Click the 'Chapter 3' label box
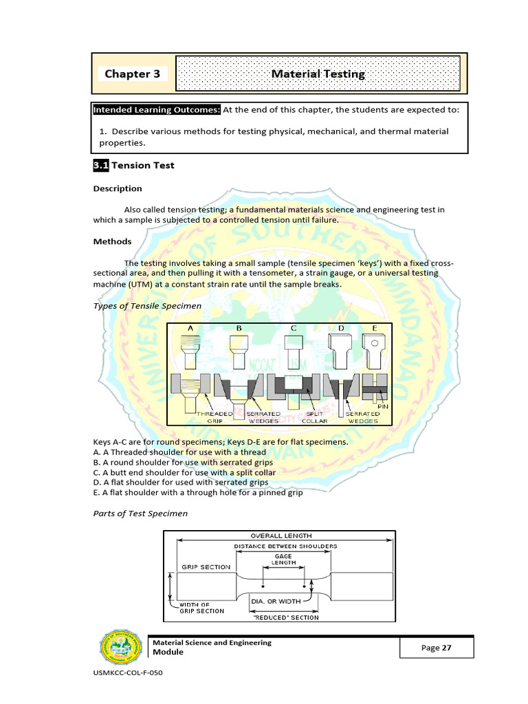pyautogui.click(x=132, y=74)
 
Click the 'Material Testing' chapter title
pyautogui.click(x=318, y=74)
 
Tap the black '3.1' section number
pyautogui.click(x=101, y=165)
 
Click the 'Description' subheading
pyautogui.click(x=118, y=188)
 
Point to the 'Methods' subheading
pyautogui.click(x=112, y=241)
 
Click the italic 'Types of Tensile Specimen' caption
pyautogui.click(x=147, y=305)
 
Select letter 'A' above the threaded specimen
pyautogui.click(x=190, y=328)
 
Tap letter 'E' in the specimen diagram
pyautogui.click(x=374, y=328)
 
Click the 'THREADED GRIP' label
pyautogui.click(x=215, y=417)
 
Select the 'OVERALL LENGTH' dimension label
pyautogui.click(x=280, y=536)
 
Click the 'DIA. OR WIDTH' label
pyautogui.click(x=275, y=601)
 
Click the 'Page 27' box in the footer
pyautogui.click(x=437, y=648)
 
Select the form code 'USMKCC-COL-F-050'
pyautogui.click(x=127, y=673)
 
